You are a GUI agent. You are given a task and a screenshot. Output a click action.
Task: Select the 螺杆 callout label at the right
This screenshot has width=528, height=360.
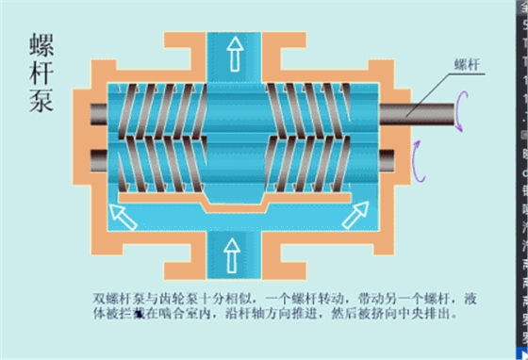tap(469, 64)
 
